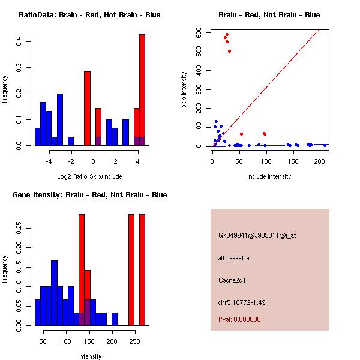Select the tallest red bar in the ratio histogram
142,90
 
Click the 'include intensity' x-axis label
269,176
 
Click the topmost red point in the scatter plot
227,35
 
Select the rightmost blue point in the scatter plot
325,145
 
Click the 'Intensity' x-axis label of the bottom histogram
89,356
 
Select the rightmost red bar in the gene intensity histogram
142,270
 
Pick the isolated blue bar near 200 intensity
115,319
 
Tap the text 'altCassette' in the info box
234,258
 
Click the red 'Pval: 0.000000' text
239,319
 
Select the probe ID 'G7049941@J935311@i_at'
257,235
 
